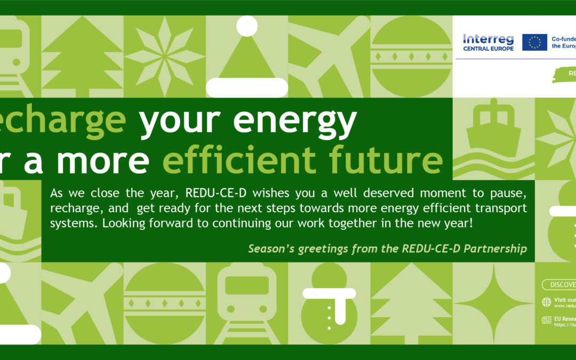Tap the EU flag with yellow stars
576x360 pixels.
(x=534, y=42)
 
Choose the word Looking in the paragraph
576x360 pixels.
(x=123, y=223)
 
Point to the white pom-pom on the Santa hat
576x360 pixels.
(x=247, y=26)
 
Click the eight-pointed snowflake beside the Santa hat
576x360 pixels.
(x=165, y=56)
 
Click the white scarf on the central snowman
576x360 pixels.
(x=329, y=294)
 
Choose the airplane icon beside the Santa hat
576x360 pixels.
(x=329, y=56)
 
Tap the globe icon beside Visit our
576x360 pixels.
(x=546, y=302)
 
